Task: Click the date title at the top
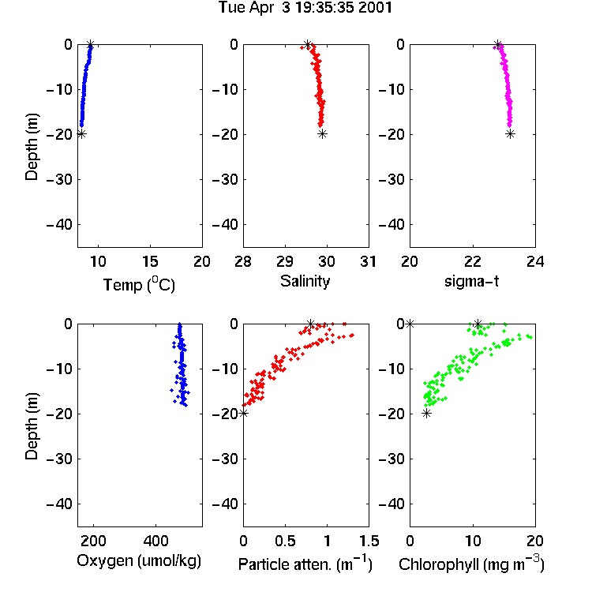tap(305, 8)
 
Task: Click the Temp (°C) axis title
tap(139, 285)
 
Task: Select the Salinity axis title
tap(305, 281)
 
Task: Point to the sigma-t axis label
tap(471, 281)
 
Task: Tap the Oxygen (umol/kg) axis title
tap(139, 561)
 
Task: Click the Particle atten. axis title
tap(305, 564)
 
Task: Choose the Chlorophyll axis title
tap(471, 564)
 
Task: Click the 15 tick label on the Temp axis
tap(150, 261)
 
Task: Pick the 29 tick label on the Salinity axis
tap(285, 261)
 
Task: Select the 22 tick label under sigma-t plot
tap(473, 261)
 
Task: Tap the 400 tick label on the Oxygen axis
tap(156, 541)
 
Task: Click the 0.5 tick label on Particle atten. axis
tap(285, 541)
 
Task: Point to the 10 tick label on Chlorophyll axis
tap(473, 541)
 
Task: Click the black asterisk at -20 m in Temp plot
tap(81, 134)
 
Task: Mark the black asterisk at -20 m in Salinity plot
tap(322, 134)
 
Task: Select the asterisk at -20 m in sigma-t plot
tap(510, 134)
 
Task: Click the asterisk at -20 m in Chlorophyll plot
tap(426, 414)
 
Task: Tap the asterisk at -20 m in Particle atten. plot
tap(244, 414)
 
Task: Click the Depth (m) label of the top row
tap(32, 147)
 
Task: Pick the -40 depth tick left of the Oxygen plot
tap(59, 504)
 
